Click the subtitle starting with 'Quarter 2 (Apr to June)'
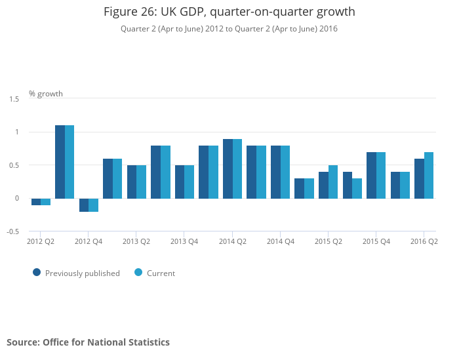click(229, 29)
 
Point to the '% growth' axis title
click(46, 94)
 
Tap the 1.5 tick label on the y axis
click(14, 99)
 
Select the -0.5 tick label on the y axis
click(13, 231)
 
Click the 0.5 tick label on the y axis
click(14, 165)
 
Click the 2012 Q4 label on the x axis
click(89, 241)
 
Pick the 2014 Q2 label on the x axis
click(233, 241)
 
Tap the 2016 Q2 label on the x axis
click(424, 241)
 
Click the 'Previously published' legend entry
click(77, 273)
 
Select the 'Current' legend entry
click(155, 273)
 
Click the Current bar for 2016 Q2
click(429, 175)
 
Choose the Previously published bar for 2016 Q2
click(420, 179)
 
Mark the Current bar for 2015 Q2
click(333, 182)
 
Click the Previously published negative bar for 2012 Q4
click(84, 205)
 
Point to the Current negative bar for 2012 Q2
click(45, 202)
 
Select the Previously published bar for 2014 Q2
click(228, 169)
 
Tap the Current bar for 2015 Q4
click(381, 175)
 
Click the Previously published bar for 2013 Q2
click(132, 182)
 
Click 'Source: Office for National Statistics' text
click(88, 342)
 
